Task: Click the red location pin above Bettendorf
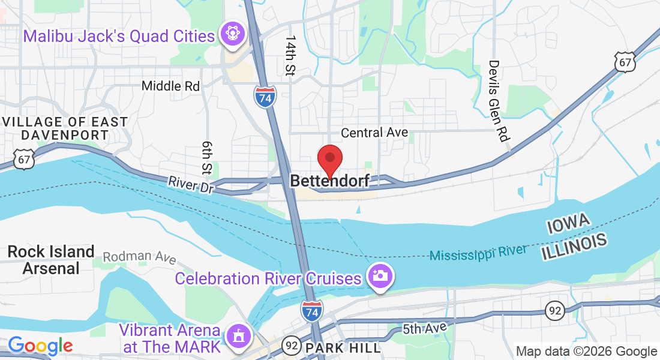329,159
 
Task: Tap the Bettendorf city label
329,181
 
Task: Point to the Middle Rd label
170,86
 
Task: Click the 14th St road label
291,55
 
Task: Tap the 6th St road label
208,158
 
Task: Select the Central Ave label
374,132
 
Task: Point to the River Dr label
191,184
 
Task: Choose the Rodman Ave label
139,257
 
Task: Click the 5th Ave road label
425,328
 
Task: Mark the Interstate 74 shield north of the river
265,97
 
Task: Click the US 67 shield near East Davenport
23,158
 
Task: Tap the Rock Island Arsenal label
51,259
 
